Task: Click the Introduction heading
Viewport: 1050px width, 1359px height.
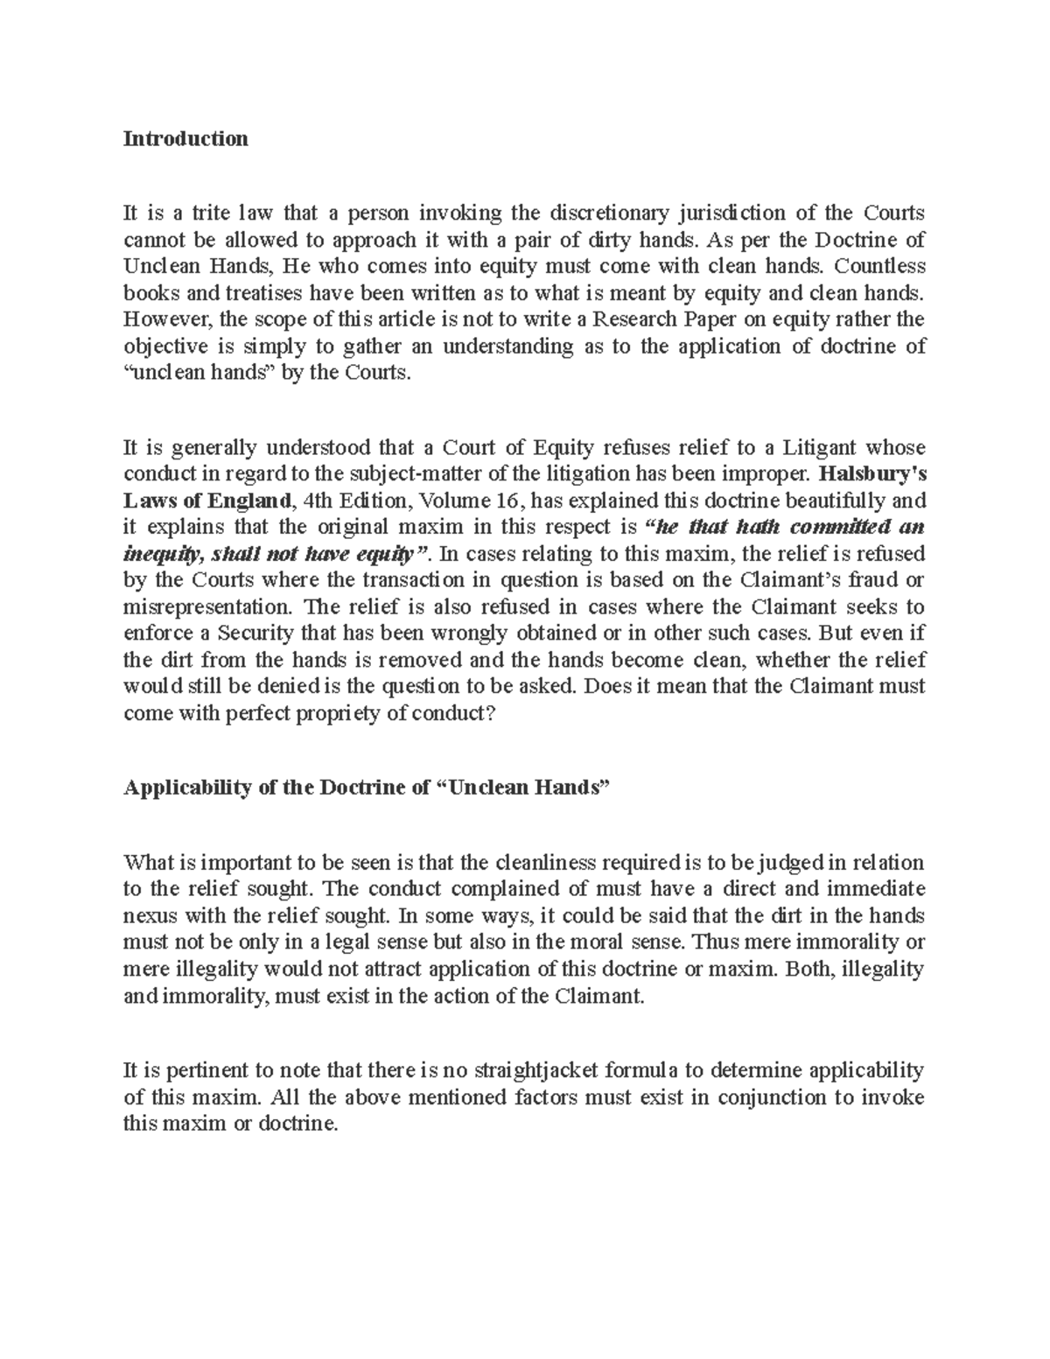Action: click(x=185, y=138)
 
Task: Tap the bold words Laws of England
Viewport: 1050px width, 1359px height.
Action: click(x=206, y=501)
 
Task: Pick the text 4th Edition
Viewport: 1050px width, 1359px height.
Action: click(x=356, y=501)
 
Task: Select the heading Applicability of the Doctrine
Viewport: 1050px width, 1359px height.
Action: click(x=276, y=788)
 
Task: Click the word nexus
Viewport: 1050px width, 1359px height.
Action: click(x=149, y=916)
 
